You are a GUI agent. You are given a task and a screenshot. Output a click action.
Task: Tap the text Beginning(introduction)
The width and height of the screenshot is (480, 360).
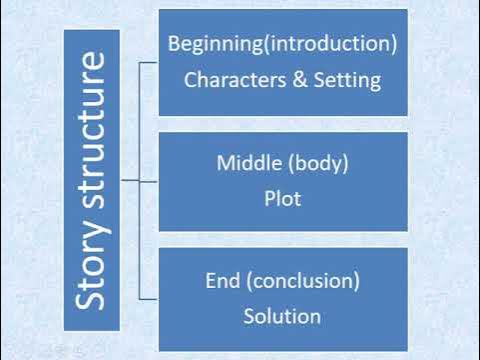(x=283, y=45)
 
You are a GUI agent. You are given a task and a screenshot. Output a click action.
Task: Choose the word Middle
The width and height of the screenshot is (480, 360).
(x=249, y=162)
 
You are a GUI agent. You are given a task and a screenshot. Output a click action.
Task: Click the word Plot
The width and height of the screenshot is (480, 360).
(x=283, y=198)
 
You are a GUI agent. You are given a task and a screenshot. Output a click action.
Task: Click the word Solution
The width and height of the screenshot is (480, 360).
(x=283, y=316)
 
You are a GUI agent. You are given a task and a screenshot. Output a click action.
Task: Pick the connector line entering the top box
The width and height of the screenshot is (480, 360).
(x=149, y=62)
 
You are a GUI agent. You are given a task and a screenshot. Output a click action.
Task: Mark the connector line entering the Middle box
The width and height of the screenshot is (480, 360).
(x=140, y=180)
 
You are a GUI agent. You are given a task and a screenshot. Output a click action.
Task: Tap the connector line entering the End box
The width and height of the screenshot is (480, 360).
(x=149, y=298)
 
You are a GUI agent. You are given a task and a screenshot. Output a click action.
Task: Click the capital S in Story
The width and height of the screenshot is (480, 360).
(x=92, y=299)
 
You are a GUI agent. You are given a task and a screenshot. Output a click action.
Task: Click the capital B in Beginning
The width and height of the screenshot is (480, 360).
(x=175, y=45)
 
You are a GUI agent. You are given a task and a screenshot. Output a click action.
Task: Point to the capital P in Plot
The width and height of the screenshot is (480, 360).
(x=269, y=198)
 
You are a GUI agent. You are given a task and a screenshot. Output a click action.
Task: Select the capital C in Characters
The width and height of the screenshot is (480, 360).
(x=191, y=80)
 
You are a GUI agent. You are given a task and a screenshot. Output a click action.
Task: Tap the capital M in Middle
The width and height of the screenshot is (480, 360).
(x=225, y=162)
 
